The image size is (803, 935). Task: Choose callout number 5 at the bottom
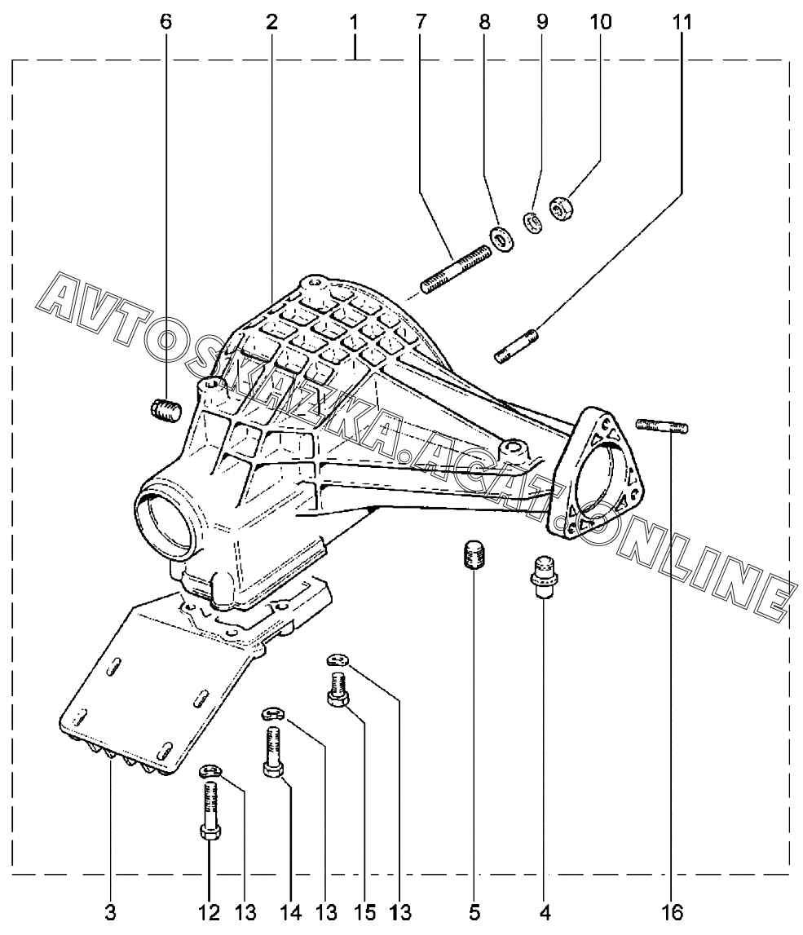(474, 912)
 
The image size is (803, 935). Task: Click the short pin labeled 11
(516, 344)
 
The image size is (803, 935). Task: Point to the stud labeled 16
(661, 425)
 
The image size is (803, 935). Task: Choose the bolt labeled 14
(272, 753)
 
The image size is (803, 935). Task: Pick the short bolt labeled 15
(338, 689)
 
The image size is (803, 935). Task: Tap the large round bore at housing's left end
(168, 523)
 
